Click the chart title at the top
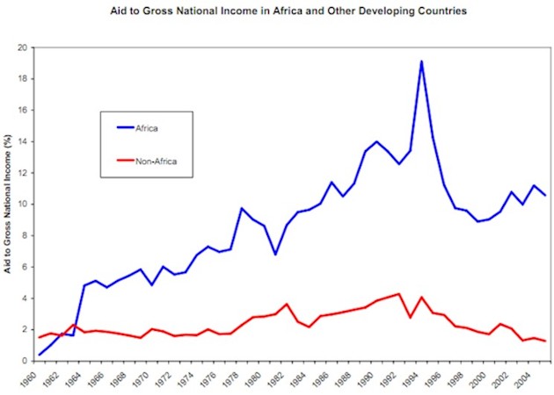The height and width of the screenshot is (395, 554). (x=288, y=11)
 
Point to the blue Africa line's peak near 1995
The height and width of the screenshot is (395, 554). (x=422, y=61)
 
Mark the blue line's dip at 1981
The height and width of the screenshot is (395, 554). (x=275, y=255)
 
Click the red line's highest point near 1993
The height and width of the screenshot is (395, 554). (x=399, y=294)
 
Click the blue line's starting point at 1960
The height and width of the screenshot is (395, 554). (x=40, y=355)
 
